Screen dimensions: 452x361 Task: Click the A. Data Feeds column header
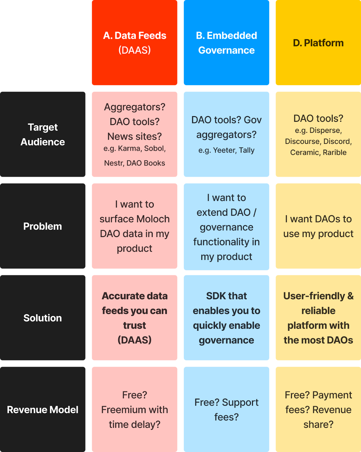pos(134,43)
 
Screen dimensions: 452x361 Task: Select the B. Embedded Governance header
pos(226,43)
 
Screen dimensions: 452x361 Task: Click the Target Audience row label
pos(43,134)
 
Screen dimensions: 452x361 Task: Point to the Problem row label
pos(43,226)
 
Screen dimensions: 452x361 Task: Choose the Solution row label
pos(43,318)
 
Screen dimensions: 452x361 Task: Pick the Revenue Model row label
pos(43,410)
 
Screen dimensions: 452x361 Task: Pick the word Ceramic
pos(304,153)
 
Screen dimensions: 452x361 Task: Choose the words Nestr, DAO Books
pos(134,163)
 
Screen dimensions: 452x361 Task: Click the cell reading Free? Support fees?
pos(226,409)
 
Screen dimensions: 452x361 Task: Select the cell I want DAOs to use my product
pos(318,226)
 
